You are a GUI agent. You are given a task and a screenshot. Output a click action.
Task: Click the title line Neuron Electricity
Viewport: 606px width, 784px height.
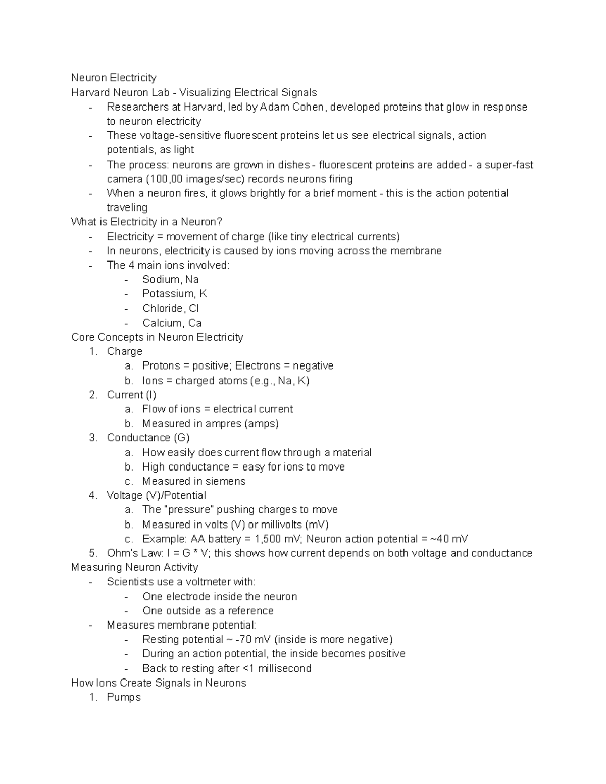(x=114, y=78)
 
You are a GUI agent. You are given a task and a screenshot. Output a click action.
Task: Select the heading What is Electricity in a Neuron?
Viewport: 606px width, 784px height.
(x=146, y=222)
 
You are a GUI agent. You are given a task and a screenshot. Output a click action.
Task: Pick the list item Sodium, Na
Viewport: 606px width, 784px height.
(x=170, y=280)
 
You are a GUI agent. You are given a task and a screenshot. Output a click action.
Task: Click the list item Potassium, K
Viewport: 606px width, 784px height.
(x=174, y=294)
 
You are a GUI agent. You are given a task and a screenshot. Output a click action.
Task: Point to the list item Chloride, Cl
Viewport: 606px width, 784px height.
(x=171, y=308)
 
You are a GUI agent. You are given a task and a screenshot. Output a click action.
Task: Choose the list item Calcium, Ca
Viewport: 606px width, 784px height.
(x=172, y=323)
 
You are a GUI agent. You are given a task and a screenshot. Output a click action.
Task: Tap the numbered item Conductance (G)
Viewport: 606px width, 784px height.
(x=148, y=438)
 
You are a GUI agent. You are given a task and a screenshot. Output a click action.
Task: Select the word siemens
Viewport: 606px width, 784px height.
(x=225, y=481)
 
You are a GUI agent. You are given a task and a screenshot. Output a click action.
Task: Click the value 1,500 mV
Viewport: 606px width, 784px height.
(x=278, y=539)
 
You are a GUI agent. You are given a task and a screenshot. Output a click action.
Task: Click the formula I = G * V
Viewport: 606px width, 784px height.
(x=187, y=553)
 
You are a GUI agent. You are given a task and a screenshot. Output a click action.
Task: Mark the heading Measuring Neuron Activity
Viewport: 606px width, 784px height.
(x=134, y=567)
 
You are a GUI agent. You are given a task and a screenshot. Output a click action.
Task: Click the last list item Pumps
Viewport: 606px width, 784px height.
(x=124, y=697)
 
